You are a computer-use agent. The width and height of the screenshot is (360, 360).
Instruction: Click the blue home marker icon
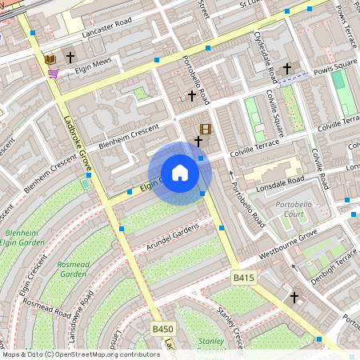coord(180,173)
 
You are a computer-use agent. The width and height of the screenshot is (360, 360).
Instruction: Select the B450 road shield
coord(162,329)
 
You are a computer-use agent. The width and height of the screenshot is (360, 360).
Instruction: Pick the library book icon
coord(50,58)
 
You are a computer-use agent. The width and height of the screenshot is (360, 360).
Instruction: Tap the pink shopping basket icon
coord(53,74)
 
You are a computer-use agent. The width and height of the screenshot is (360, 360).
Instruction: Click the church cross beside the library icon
coord(70,58)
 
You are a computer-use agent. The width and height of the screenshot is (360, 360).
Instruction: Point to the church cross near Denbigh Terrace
coord(294,298)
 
